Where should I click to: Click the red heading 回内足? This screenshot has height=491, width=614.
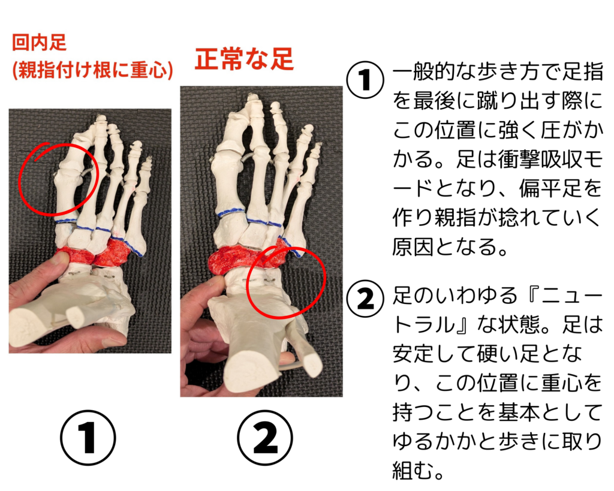pos(39,43)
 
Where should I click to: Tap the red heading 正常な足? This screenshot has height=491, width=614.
pos(245,59)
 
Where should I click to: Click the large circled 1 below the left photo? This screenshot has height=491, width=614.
pos(88,438)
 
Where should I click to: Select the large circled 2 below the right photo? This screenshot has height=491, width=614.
pos(266,438)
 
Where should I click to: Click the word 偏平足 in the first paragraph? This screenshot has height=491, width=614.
pos(550,189)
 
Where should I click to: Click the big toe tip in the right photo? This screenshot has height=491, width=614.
pos(252,98)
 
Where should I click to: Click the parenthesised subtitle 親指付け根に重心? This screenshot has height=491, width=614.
pos(93,71)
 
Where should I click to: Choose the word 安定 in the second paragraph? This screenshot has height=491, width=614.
pos(413,354)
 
